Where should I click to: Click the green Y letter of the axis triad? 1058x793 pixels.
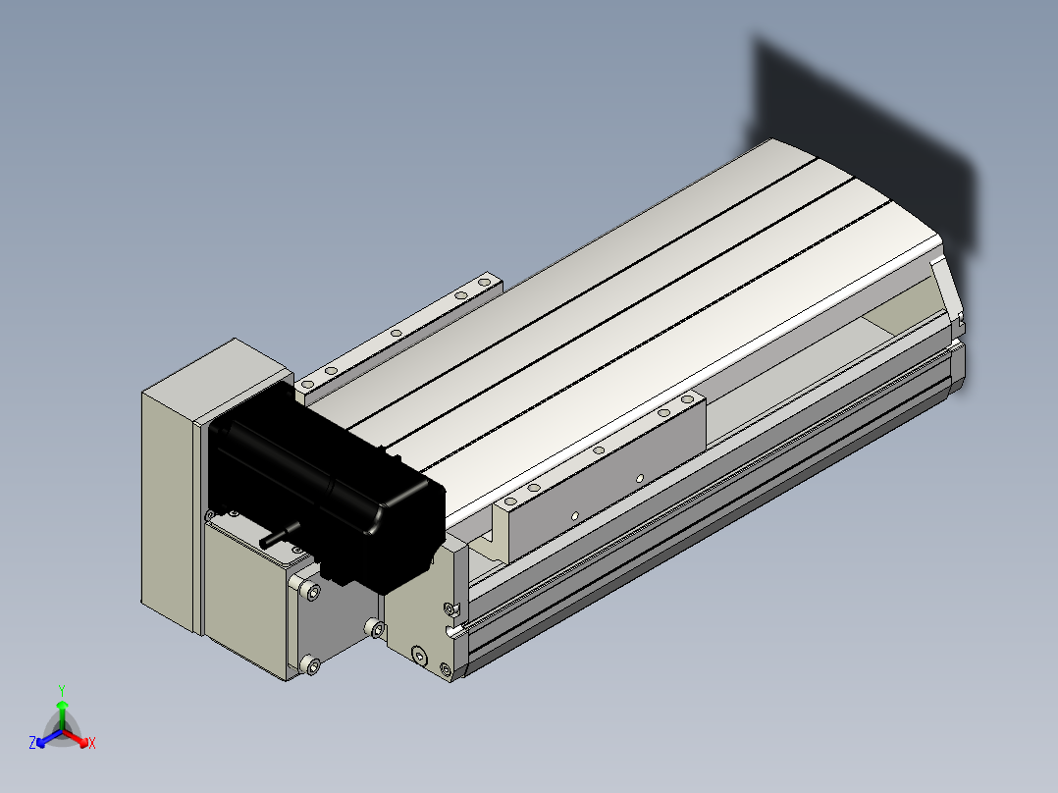(62, 691)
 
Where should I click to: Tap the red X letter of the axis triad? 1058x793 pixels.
(92, 743)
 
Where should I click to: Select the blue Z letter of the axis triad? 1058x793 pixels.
(32, 743)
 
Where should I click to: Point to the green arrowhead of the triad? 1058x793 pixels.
(62, 705)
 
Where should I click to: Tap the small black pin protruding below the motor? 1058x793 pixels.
(280, 534)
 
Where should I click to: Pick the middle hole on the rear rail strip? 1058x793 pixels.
(397, 333)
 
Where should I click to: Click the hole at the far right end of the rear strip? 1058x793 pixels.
(484, 282)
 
